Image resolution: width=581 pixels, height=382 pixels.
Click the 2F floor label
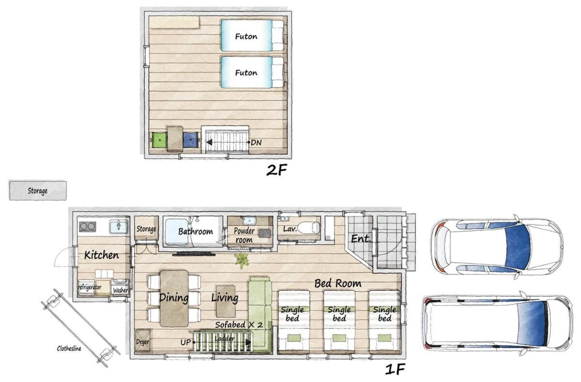pyautogui.click(x=276, y=170)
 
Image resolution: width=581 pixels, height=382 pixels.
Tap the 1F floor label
pyautogui.click(x=395, y=369)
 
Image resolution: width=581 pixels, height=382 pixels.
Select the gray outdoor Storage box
pyautogui.click(x=38, y=191)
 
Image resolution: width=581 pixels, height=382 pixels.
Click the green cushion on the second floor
pyautogui.click(x=159, y=140)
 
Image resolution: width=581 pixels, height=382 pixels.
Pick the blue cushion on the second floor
pyautogui.click(x=191, y=140)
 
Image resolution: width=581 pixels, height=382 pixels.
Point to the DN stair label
pyautogui.click(x=256, y=143)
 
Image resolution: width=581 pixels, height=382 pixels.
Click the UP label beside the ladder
pyautogui.click(x=185, y=343)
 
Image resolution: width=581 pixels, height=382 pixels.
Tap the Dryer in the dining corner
pyautogui.click(x=143, y=341)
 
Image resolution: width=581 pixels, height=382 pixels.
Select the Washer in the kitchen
pyautogui.click(x=120, y=286)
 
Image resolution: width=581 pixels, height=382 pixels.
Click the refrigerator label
pyautogui.click(x=90, y=287)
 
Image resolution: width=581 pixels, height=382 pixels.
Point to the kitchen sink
pyautogui.click(x=119, y=227)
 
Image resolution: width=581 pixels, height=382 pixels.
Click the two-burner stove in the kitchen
pyautogui.click(x=88, y=227)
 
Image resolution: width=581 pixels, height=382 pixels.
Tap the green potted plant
pyautogui.click(x=242, y=260)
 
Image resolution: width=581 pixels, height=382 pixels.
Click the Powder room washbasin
pyautogui.click(x=249, y=221)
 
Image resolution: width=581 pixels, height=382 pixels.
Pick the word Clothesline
pyautogui.click(x=69, y=349)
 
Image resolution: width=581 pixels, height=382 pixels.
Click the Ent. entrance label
pyautogui.click(x=361, y=239)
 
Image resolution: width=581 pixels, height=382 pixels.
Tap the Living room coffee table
pyautogui.click(x=226, y=301)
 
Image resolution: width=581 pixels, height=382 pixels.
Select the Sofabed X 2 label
pyautogui.click(x=239, y=325)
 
